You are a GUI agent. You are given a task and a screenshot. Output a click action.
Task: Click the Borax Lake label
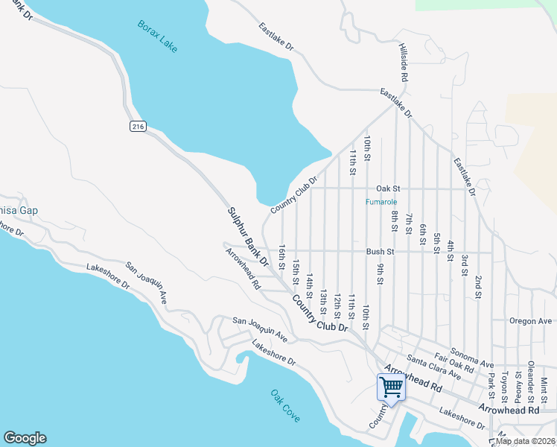point(158,36)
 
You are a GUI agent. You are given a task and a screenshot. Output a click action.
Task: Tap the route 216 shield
point(137,127)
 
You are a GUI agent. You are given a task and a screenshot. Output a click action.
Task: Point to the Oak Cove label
point(285,405)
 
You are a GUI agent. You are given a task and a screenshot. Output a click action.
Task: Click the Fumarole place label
point(381,202)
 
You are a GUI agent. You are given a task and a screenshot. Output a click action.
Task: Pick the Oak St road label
point(388,189)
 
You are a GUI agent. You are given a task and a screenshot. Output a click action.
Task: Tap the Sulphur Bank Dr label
point(247,236)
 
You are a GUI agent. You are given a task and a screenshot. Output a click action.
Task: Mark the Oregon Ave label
point(530,321)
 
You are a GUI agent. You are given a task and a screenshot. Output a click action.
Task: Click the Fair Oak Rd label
point(453,363)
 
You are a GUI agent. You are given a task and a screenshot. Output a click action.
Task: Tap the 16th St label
point(282,255)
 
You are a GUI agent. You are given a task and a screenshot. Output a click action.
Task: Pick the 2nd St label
point(477,286)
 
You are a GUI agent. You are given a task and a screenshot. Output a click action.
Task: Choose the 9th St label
point(380,273)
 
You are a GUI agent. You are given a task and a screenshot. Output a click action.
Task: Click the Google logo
point(25,438)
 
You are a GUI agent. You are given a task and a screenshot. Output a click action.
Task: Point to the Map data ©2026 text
point(526,441)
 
